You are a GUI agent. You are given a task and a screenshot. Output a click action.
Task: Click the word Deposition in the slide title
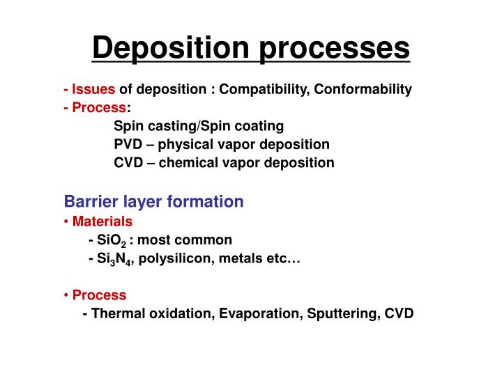pyautogui.click(x=166, y=47)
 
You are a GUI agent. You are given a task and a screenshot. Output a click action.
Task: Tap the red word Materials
pyautogui.click(x=102, y=221)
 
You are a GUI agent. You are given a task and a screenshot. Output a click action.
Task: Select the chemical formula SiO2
pyautogui.click(x=111, y=240)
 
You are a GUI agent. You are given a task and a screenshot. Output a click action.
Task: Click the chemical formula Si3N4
pyautogui.click(x=114, y=258)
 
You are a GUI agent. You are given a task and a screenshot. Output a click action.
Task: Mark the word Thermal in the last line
pyautogui.click(x=116, y=313)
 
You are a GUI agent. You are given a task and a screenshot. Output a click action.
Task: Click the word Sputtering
pyautogui.click(x=340, y=313)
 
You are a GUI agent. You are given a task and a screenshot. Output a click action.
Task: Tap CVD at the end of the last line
pyautogui.click(x=399, y=313)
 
